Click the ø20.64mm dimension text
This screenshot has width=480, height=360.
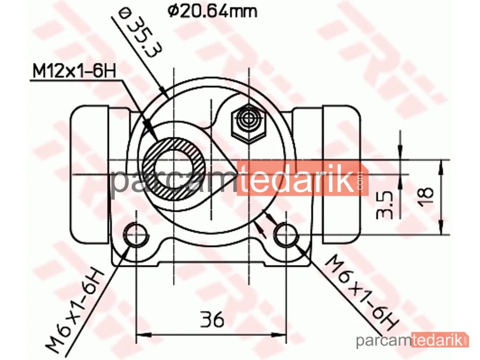point(212,12)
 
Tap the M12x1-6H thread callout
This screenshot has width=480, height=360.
point(74,72)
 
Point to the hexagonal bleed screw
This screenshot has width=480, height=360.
point(248,123)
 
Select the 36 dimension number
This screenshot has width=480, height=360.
point(212,319)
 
